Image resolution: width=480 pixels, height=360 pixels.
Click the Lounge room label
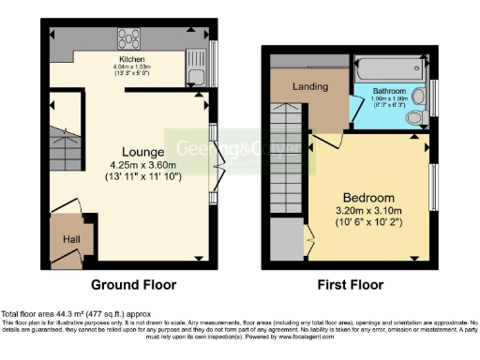point(142,150)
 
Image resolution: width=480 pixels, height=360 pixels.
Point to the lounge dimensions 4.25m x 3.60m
point(143,163)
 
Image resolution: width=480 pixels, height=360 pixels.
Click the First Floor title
point(350,284)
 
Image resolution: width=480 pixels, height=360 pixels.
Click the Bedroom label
point(367,198)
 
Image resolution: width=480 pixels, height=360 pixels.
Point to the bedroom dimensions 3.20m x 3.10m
point(367,211)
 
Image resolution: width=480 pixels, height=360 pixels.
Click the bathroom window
point(433,97)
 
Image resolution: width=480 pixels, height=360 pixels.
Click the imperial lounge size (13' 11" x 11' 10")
point(143,174)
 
